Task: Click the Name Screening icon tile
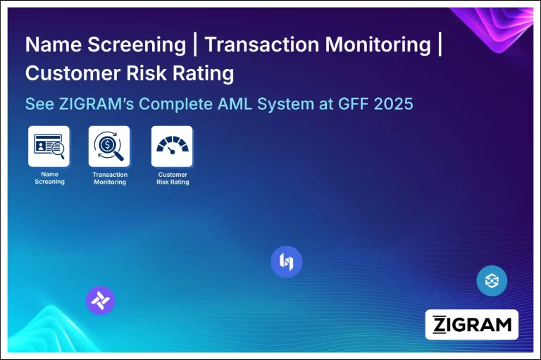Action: tap(49, 147)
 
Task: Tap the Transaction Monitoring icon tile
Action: tap(109, 147)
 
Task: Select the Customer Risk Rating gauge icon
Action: tap(172, 147)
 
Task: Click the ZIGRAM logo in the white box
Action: tap(472, 325)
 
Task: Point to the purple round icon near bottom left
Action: tap(100, 301)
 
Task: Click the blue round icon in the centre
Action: tap(286, 262)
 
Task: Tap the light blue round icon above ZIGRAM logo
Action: tap(492, 281)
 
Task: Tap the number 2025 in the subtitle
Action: tap(389, 104)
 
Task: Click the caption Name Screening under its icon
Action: tap(49, 178)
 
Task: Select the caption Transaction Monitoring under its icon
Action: tap(110, 178)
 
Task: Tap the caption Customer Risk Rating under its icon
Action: tap(173, 178)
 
